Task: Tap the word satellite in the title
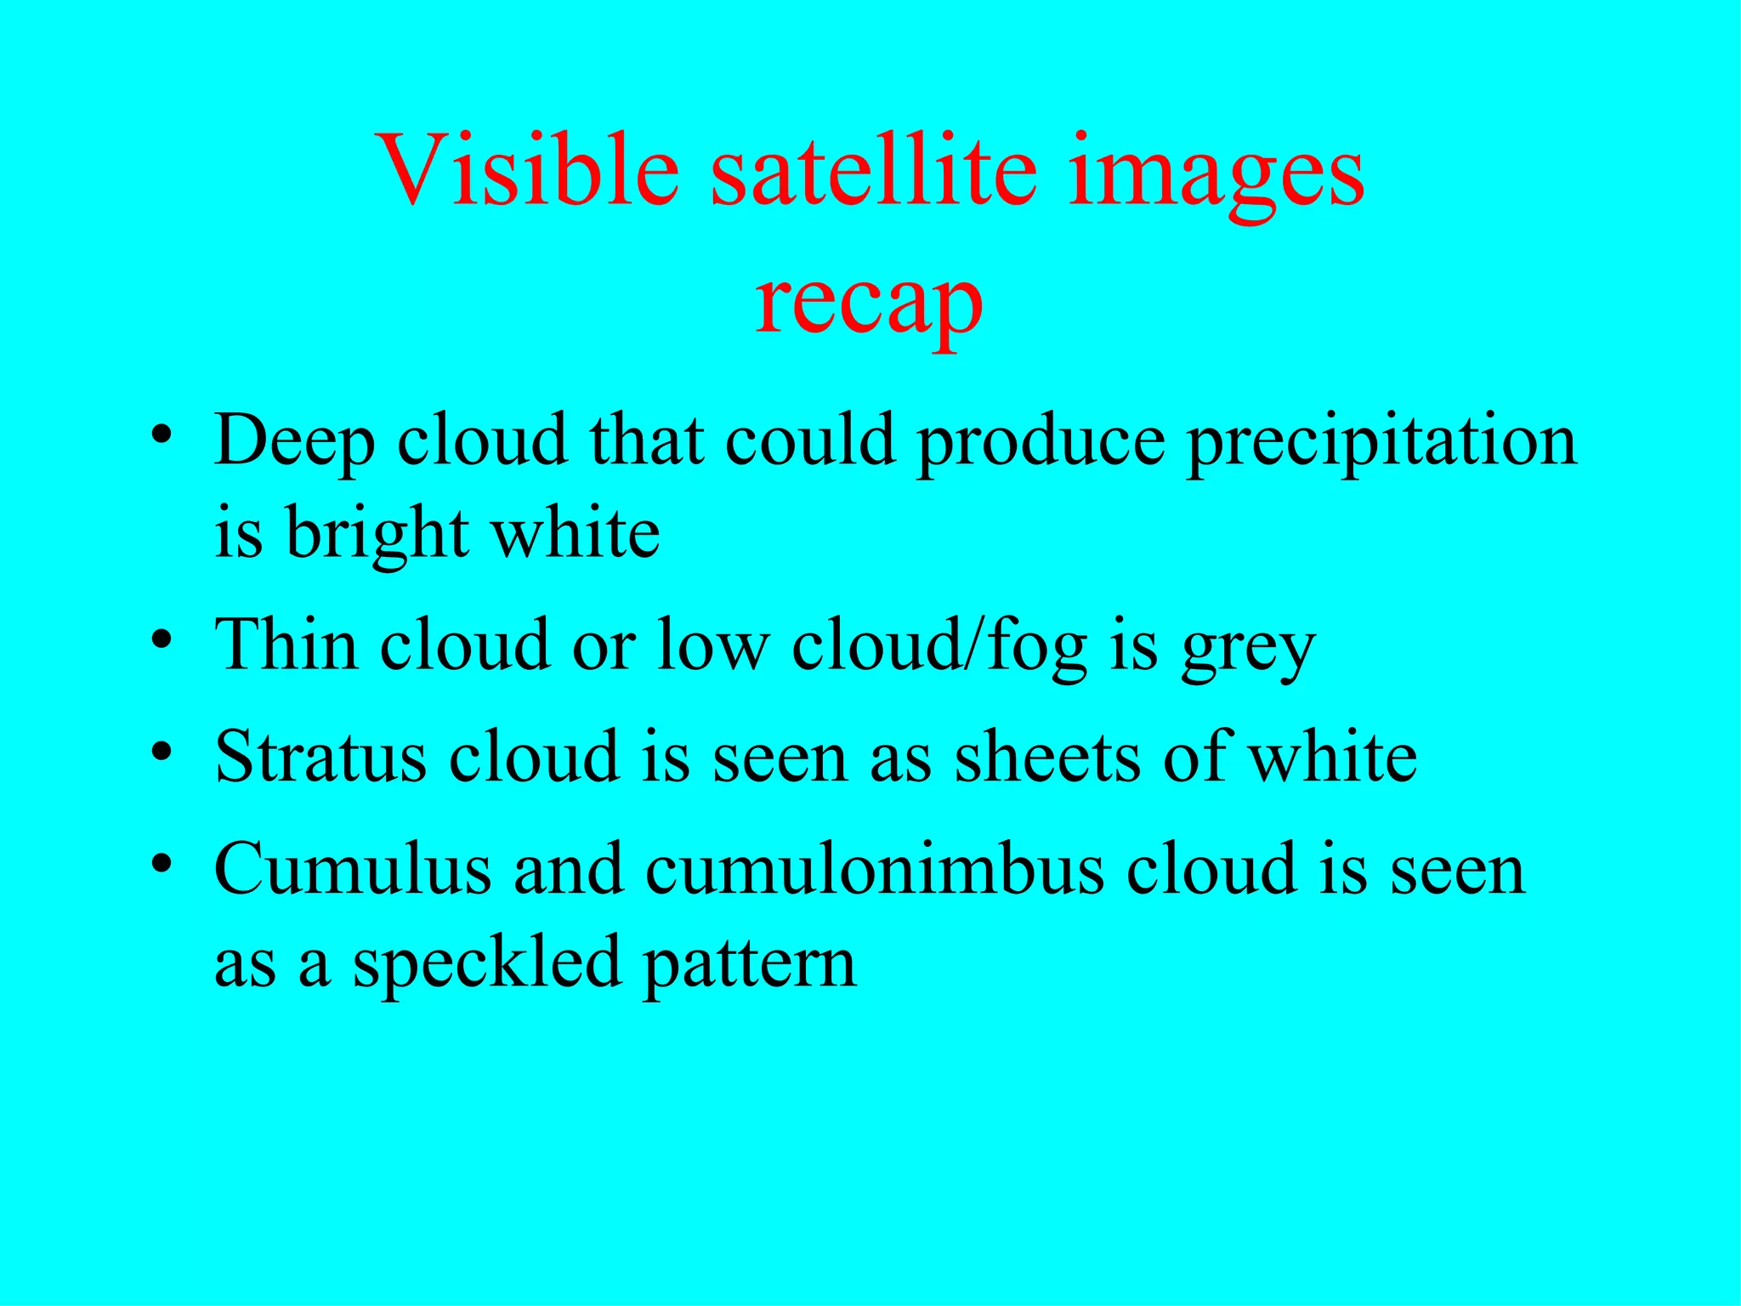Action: pos(874,170)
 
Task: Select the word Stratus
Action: pos(320,757)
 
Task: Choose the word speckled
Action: pos(486,964)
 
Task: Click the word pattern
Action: pos(749,966)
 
